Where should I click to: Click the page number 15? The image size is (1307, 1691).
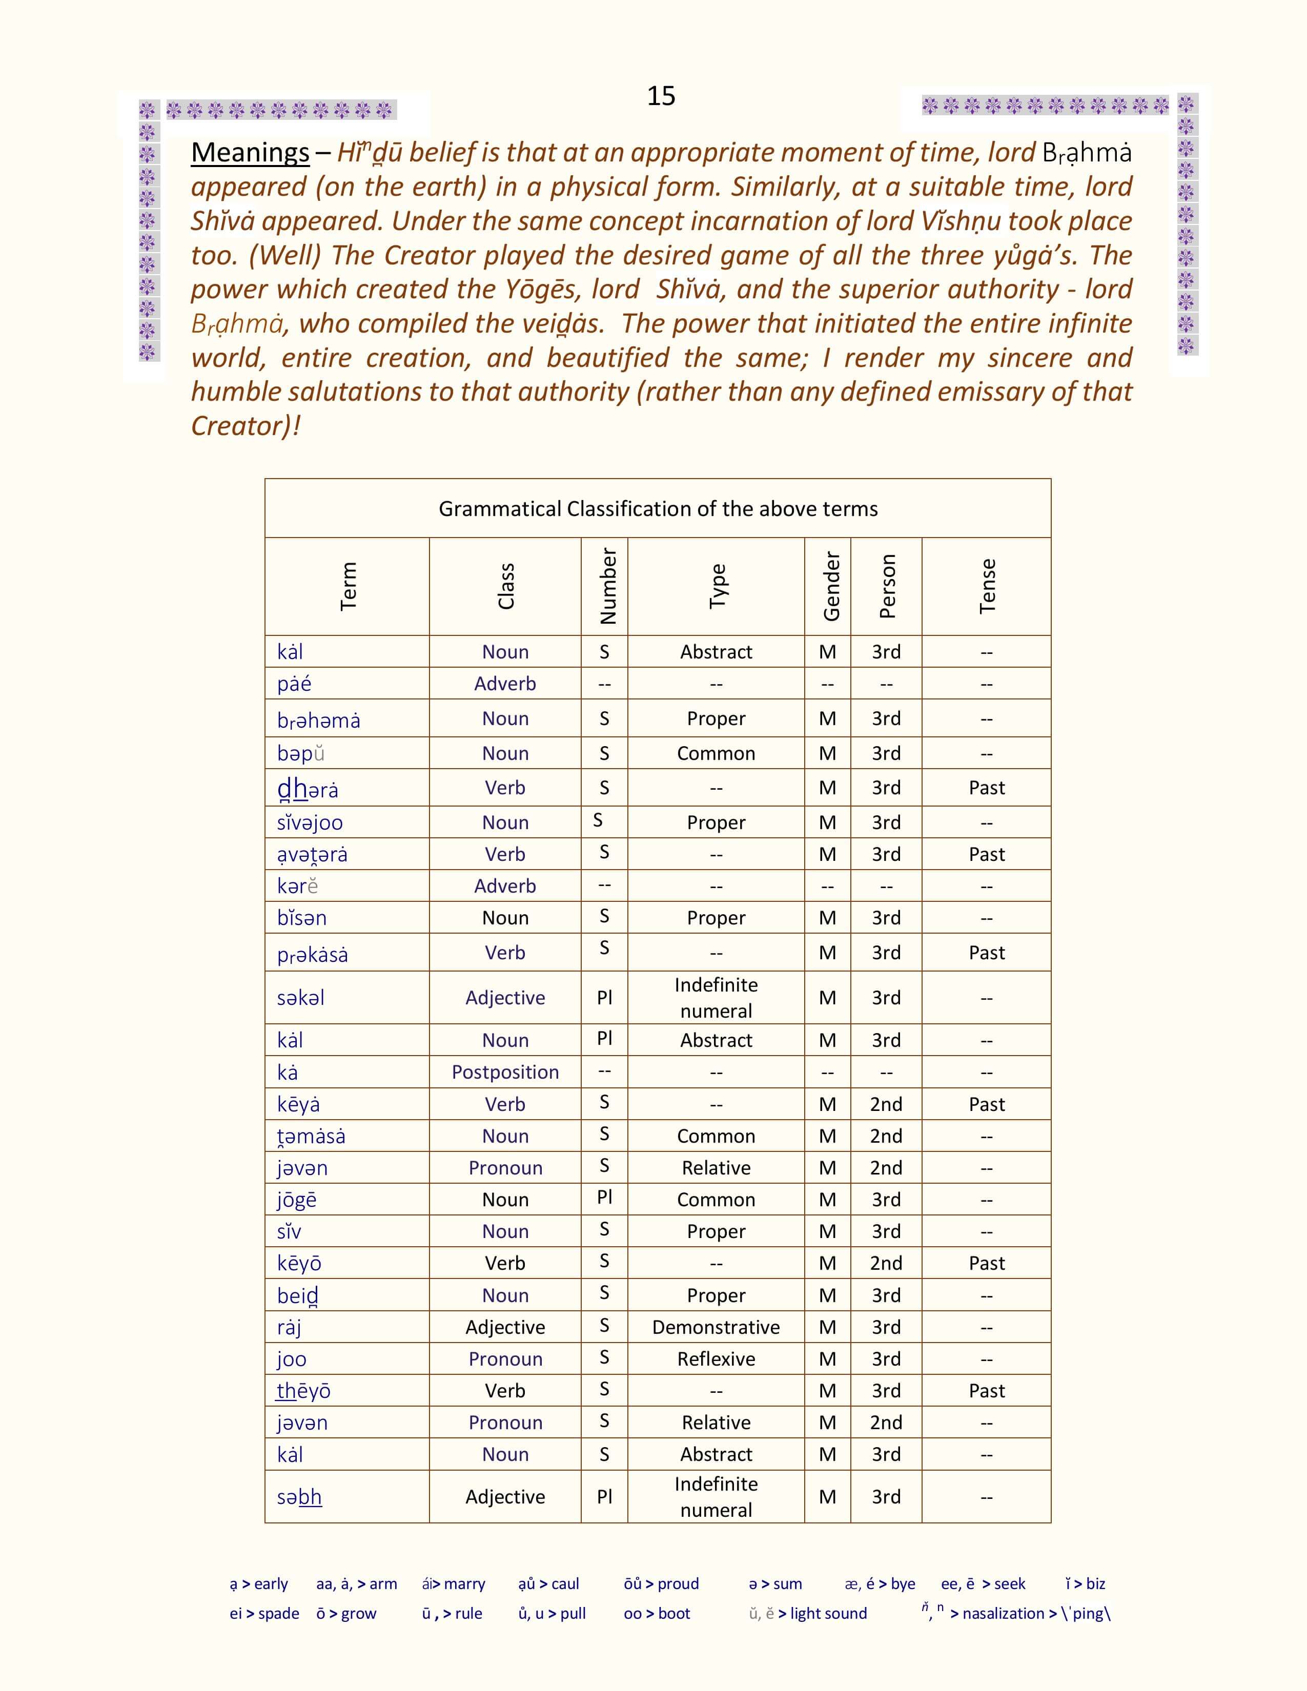[661, 96]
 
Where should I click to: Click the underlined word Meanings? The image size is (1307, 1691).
[250, 153]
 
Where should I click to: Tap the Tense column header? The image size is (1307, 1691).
[987, 586]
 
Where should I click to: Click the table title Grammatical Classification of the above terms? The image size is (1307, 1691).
[658, 509]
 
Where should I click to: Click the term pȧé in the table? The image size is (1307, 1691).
[294, 684]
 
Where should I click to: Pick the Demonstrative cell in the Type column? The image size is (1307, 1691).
[716, 1327]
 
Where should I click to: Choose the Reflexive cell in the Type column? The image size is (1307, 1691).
[716, 1359]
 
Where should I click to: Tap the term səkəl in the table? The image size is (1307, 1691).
[300, 998]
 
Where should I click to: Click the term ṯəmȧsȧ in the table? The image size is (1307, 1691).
[311, 1136]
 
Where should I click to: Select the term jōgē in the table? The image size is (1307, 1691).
[297, 1200]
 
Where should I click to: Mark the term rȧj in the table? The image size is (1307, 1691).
[289, 1327]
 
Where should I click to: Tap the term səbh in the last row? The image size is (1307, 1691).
[299, 1497]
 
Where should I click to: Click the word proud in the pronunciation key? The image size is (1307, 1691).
[678, 1583]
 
